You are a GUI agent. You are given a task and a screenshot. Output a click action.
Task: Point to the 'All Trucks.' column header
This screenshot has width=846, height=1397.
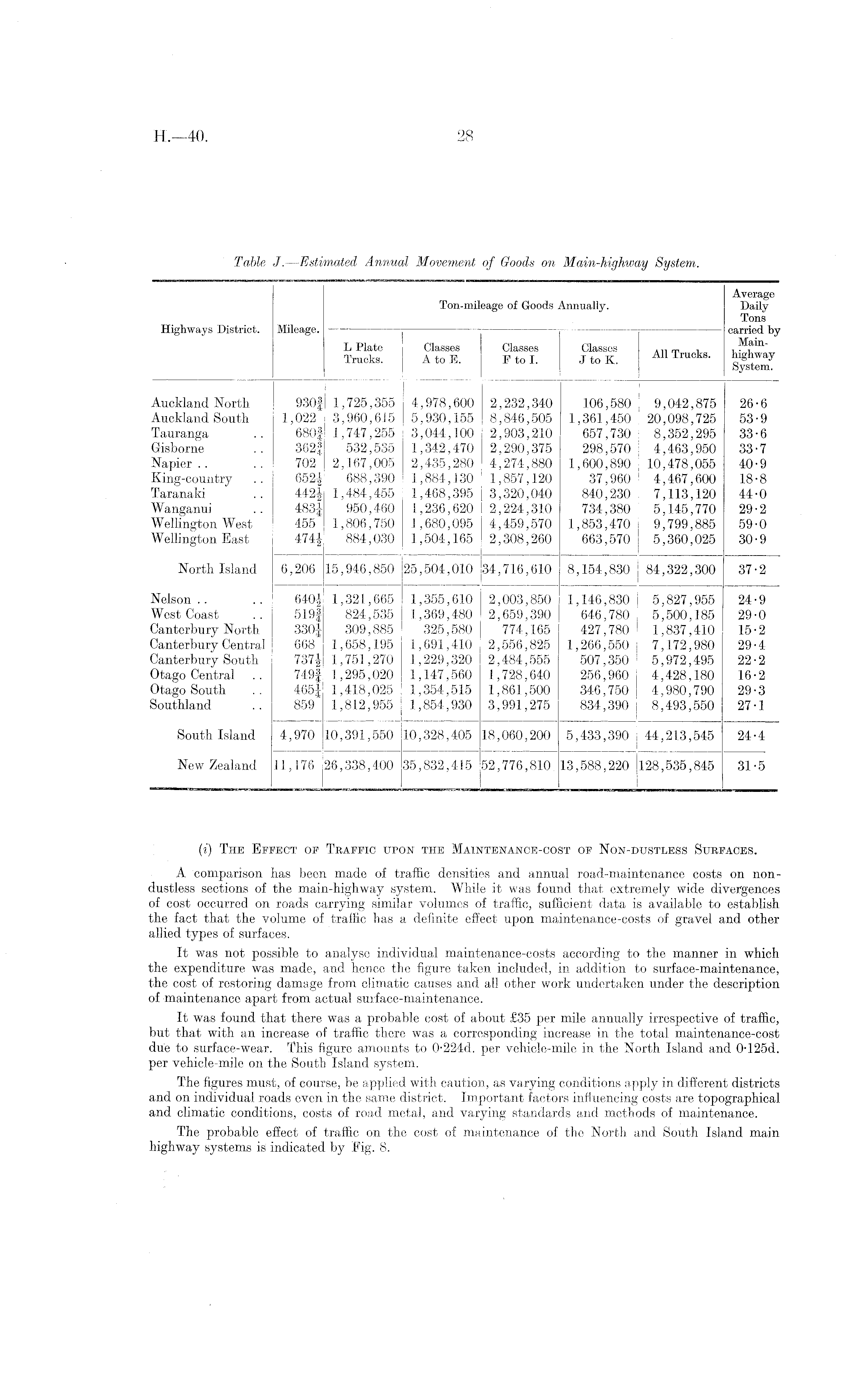681,354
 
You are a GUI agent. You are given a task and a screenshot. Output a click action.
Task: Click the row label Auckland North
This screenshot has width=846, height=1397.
200,403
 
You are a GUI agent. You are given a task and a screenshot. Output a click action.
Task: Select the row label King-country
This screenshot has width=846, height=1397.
192,479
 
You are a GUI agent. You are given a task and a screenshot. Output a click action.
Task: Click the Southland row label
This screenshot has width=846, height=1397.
180,705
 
